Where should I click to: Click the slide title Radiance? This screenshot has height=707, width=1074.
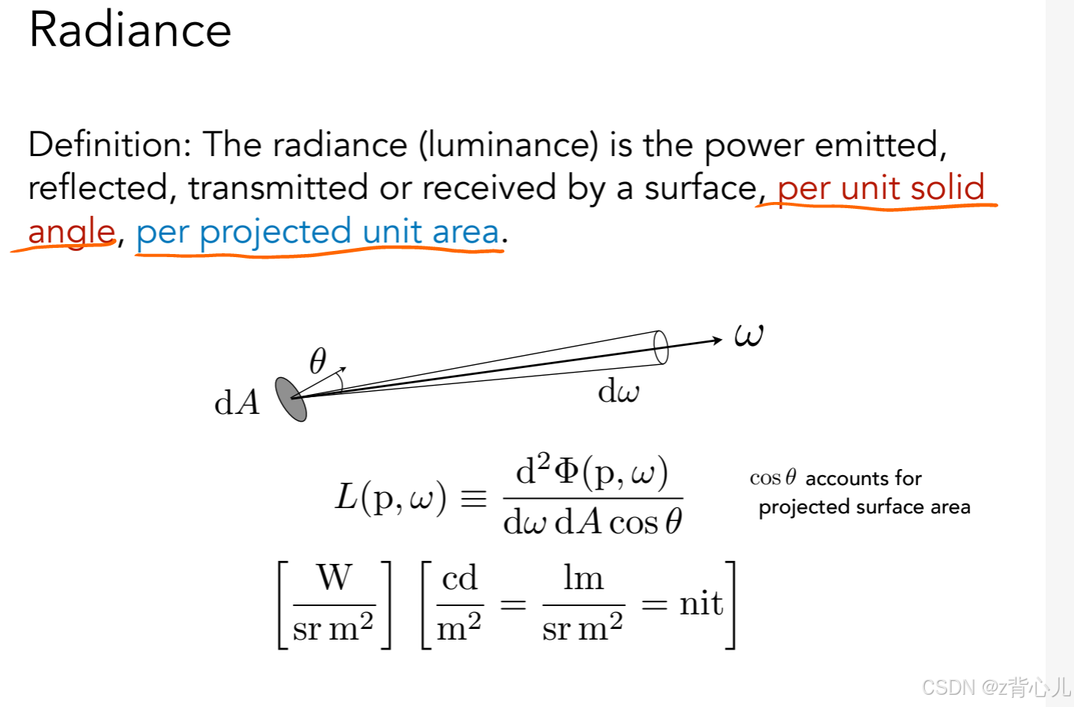coord(130,31)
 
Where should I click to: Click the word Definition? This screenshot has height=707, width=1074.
coord(109,145)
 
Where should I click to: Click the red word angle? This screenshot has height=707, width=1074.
coord(71,232)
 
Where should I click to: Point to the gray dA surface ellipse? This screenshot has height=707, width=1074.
coord(291,399)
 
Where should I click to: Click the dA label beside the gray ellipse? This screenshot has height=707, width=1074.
coord(237,402)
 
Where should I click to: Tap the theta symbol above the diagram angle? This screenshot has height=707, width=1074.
coord(317,360)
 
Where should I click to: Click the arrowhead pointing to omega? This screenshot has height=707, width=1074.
coord(717,339)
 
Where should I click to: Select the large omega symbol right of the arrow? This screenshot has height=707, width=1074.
coord(748,334)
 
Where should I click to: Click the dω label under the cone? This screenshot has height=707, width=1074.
coord(618,391)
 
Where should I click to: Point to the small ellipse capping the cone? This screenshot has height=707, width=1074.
coord(661,347)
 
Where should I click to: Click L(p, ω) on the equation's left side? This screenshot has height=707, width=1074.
coord(390,497)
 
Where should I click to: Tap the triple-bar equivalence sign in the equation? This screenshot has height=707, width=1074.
coord(473,499)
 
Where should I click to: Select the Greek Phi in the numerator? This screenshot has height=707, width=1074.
coord(566,471)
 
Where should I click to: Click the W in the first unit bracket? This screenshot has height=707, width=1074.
coord(334,578)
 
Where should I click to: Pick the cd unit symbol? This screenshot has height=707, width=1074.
coord(460,578)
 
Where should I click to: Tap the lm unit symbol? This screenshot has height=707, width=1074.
coord(583,578)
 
